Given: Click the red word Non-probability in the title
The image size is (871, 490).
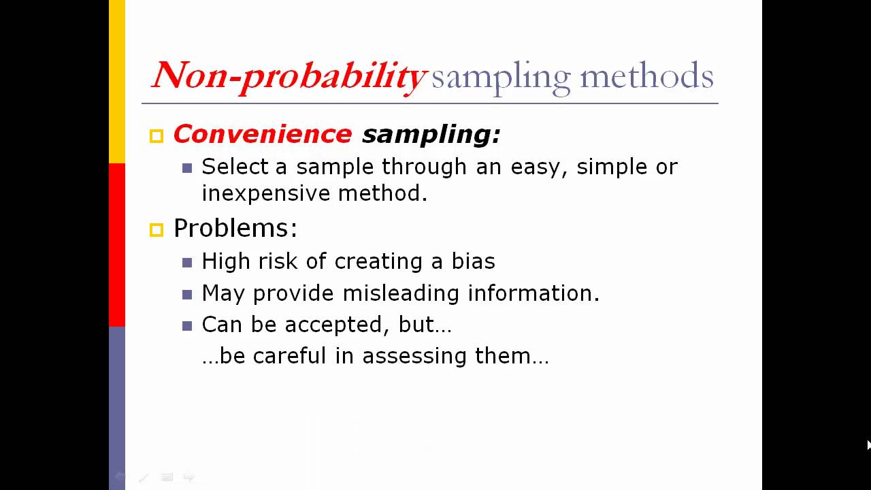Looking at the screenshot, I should (x=289, y=76).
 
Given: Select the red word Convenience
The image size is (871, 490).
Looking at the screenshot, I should (x=262, y=134).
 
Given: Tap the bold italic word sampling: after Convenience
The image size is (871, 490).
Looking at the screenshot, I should (x=431, y=134).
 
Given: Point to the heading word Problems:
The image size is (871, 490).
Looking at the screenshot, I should (x=235, y=228).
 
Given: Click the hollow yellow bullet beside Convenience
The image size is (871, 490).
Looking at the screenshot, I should (x=157, y=136).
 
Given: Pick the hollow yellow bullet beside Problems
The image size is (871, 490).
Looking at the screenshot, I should (x=157, y=230).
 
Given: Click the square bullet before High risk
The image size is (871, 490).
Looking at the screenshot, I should (x=187, y=263).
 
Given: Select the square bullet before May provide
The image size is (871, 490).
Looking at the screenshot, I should (x=187, y=295).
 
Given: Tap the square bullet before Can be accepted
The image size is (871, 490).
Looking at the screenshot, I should (x=187, y=326).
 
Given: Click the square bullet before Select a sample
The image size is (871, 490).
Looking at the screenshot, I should (x=187, y=168).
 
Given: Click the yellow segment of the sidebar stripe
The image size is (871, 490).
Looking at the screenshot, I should (x=117, y=82).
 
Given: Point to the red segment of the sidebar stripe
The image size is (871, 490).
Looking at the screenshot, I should (x=117, y=245).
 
